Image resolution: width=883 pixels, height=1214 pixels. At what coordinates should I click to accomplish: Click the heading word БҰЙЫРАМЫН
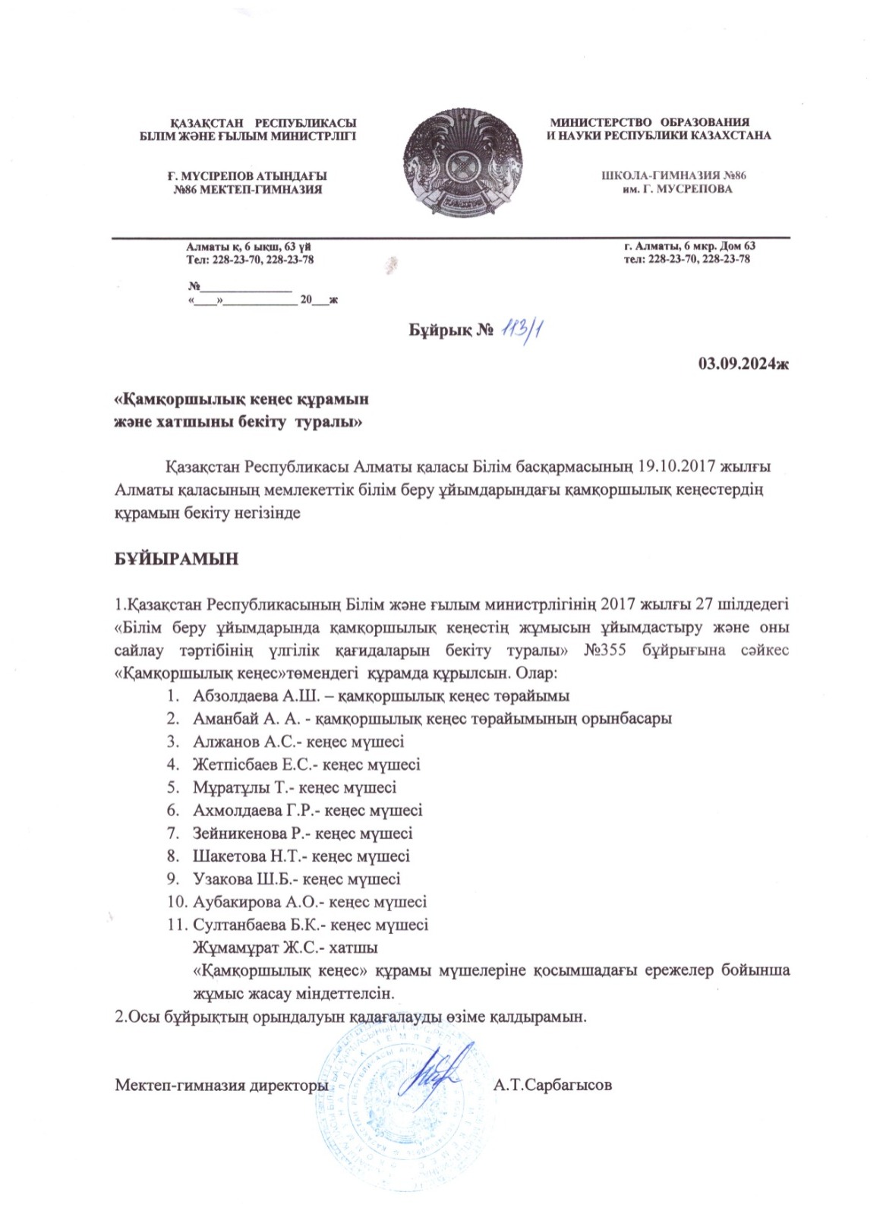click(176, 559)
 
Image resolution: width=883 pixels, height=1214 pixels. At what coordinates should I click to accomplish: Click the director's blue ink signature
click(438, 1071)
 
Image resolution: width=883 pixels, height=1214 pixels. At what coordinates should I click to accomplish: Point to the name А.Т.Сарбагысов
click(552, 1085)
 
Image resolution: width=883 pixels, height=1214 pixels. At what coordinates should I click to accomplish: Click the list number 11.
click(177, 925)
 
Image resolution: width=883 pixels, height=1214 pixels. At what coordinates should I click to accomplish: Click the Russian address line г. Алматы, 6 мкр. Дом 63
click(689, 246)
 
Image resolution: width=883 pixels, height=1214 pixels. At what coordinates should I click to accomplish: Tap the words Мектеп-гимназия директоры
click(221, 1085)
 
